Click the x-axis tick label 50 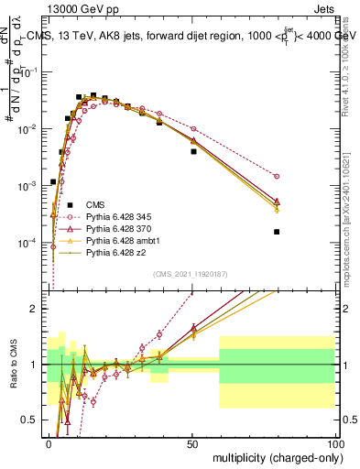click(191, 443)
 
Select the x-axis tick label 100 click(334, 443)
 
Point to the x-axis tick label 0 click(49, 443)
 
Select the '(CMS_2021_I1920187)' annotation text click(191, 273)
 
